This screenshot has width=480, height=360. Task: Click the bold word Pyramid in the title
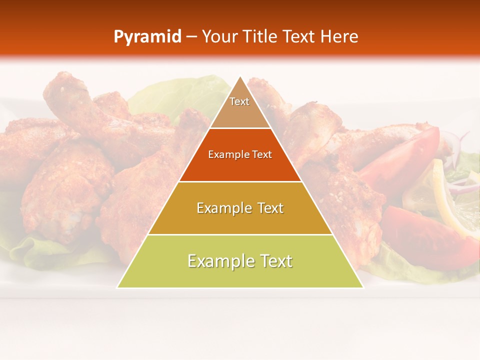pos(147,37)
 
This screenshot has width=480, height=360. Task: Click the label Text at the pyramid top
pos(239,101)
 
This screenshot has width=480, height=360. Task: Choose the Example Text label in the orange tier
pos(240,154)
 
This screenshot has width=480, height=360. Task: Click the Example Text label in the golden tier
pos(240,208)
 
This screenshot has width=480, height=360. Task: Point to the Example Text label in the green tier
pos(240,261)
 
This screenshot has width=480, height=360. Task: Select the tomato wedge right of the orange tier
pos(400,160)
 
